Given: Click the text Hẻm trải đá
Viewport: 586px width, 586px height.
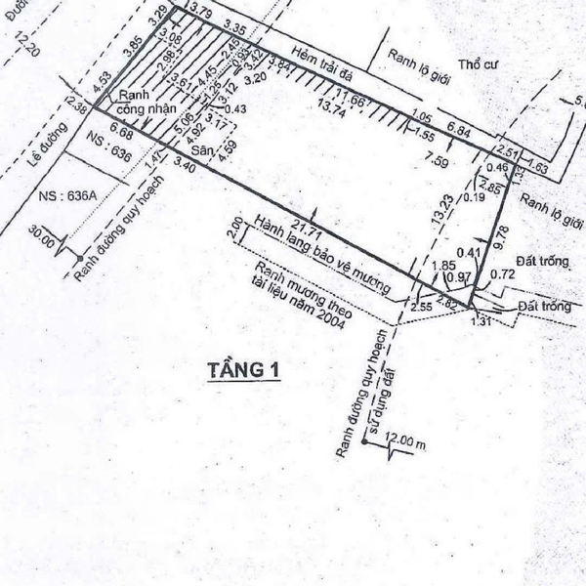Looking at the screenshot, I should point(323,68).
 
